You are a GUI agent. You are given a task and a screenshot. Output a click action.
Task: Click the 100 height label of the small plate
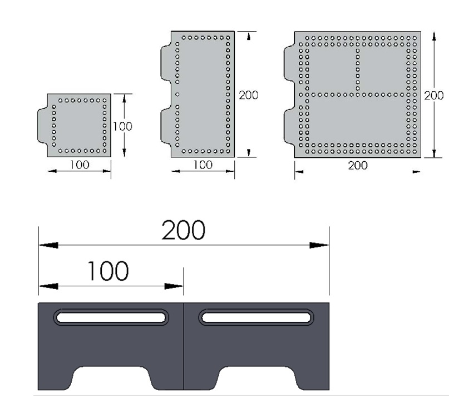coord(122,126)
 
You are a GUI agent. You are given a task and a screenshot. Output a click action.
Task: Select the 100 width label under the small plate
coord(80,165)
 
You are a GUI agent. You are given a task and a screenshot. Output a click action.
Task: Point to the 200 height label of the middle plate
coord(249,95)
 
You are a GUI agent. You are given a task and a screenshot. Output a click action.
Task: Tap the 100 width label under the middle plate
coord(203,165)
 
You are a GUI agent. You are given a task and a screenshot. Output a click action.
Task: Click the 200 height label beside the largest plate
coord(434,96)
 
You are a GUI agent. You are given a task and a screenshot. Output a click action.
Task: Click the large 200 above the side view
coord(183,230)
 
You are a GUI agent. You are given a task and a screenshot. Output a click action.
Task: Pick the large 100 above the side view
coord(108,271)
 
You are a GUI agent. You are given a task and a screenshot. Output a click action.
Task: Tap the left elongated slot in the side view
coord(111,317)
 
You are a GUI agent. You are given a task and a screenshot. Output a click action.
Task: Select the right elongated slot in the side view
coord(256,317)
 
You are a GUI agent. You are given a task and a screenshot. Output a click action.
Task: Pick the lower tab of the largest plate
coord(289,126)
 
